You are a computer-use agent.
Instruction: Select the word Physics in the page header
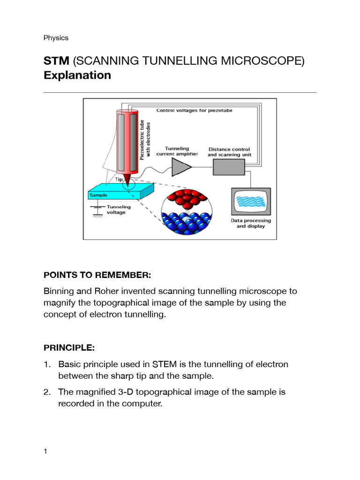56,38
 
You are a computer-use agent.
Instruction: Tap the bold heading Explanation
77,75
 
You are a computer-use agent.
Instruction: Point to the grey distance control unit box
229,166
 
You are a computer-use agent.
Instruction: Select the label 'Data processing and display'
251,223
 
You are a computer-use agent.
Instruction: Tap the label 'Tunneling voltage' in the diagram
119,209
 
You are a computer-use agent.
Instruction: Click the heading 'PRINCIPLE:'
69,348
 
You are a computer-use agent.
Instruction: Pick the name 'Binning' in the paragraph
56,291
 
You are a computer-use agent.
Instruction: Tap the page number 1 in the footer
45,451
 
